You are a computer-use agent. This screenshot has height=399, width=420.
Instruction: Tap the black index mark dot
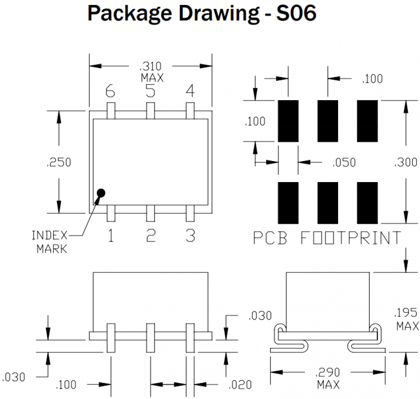coord(101,193)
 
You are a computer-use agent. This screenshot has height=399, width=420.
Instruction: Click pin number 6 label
coord(110,91)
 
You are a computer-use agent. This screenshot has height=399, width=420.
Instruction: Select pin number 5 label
coord(150,91)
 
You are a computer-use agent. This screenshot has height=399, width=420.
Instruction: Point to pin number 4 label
coord(190,91)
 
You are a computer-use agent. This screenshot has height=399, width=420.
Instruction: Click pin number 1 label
coord(110,236)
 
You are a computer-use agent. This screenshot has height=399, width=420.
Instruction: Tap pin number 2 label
coord(150,236)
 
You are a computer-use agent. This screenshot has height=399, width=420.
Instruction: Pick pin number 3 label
coord(190,236)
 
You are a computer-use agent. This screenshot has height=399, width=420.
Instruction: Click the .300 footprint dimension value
coord(405,162)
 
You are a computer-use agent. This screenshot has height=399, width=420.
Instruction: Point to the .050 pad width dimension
coord(344,162)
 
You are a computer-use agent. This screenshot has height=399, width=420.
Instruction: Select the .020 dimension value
coord(240,384)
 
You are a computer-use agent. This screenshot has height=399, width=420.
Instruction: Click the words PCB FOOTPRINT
coord(327,238)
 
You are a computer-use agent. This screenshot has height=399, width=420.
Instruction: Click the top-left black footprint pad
coord(288,121)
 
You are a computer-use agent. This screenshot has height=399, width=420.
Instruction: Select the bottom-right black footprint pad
coord(367,203)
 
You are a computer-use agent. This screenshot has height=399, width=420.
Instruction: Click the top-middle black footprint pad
coord(328,121)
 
